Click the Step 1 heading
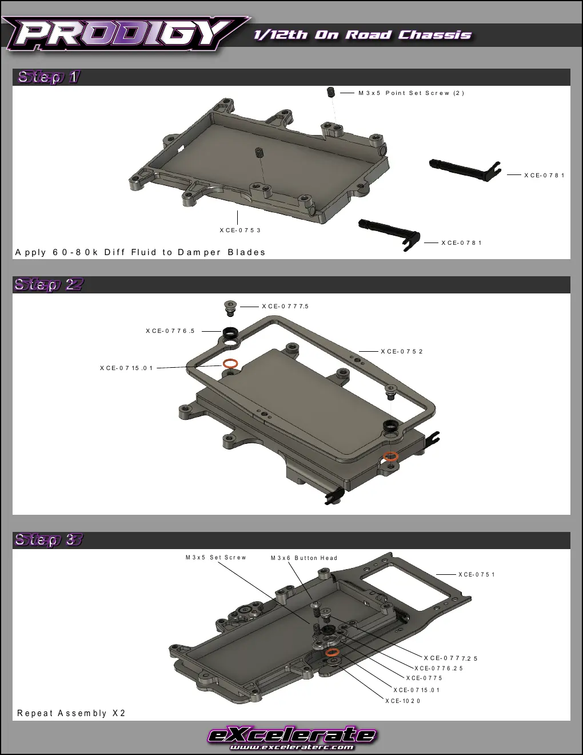tap(49, 77)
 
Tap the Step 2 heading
tap(49, 285)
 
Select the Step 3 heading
tap(49, 539)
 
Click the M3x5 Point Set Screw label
tap(412, 93)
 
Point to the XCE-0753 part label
tap(240, 231)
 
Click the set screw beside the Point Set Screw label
tap(332, 93)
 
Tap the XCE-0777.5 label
tap(285, 307)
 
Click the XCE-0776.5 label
tap(170, 331)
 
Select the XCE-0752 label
tap(402, 352)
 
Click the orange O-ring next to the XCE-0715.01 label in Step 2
tap(230, 364)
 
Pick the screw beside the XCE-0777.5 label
tap(230, 308)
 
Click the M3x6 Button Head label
tap(304, 558)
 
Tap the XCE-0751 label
tap(476, 575)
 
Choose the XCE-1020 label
tap(403, 701)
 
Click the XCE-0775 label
tap(424, 678)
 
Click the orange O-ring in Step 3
tap(332, 652)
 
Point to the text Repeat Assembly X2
tap(71, 713)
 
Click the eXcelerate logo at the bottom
tap(292, 736)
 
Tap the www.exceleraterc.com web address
tap(292, 747)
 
